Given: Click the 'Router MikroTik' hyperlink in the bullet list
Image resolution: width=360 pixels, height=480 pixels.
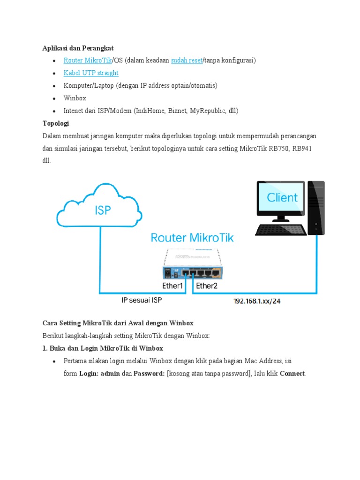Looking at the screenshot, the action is pyautogui.click(x=88, y=60).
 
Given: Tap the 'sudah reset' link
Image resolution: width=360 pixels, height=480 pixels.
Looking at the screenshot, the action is pyautogui.click(x=187, y=60).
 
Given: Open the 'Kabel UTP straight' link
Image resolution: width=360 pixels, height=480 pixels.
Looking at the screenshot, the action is pyautogui.click(x=91, y=73).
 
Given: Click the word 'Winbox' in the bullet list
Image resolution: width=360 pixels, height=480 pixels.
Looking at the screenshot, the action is pyautogui.click(x=75, y=98).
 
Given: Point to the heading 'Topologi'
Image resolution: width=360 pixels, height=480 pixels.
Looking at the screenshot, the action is pyautogui.click(x=56, y=123).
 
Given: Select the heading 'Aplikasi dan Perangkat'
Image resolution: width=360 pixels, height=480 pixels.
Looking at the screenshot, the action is pyautogui.click(x=78, y=48).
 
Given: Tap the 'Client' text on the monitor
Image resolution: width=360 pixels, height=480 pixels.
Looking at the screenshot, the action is pyautogui.click(x=282, y=198).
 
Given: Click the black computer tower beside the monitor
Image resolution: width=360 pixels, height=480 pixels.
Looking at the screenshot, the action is pyautogui.click(x=316, y=208).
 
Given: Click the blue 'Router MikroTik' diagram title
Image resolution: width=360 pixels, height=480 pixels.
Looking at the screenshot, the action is pyautogui.click(x=192, y=238).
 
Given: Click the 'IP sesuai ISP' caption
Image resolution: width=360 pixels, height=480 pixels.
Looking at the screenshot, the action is pyautogui.click(x=141, y=300).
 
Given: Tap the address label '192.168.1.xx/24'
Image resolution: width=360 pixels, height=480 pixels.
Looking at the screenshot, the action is pyautogui.click(x=257, y=301).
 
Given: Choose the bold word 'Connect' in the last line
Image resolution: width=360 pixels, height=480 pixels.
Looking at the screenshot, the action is pyautogui.click(x=292, y=374).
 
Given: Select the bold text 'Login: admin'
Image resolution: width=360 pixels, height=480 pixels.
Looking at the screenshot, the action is pyautogui.click(x=99, y=374).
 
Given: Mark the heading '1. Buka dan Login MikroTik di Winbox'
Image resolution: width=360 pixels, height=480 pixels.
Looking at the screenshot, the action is pyautogui.click(x=103, y=348).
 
